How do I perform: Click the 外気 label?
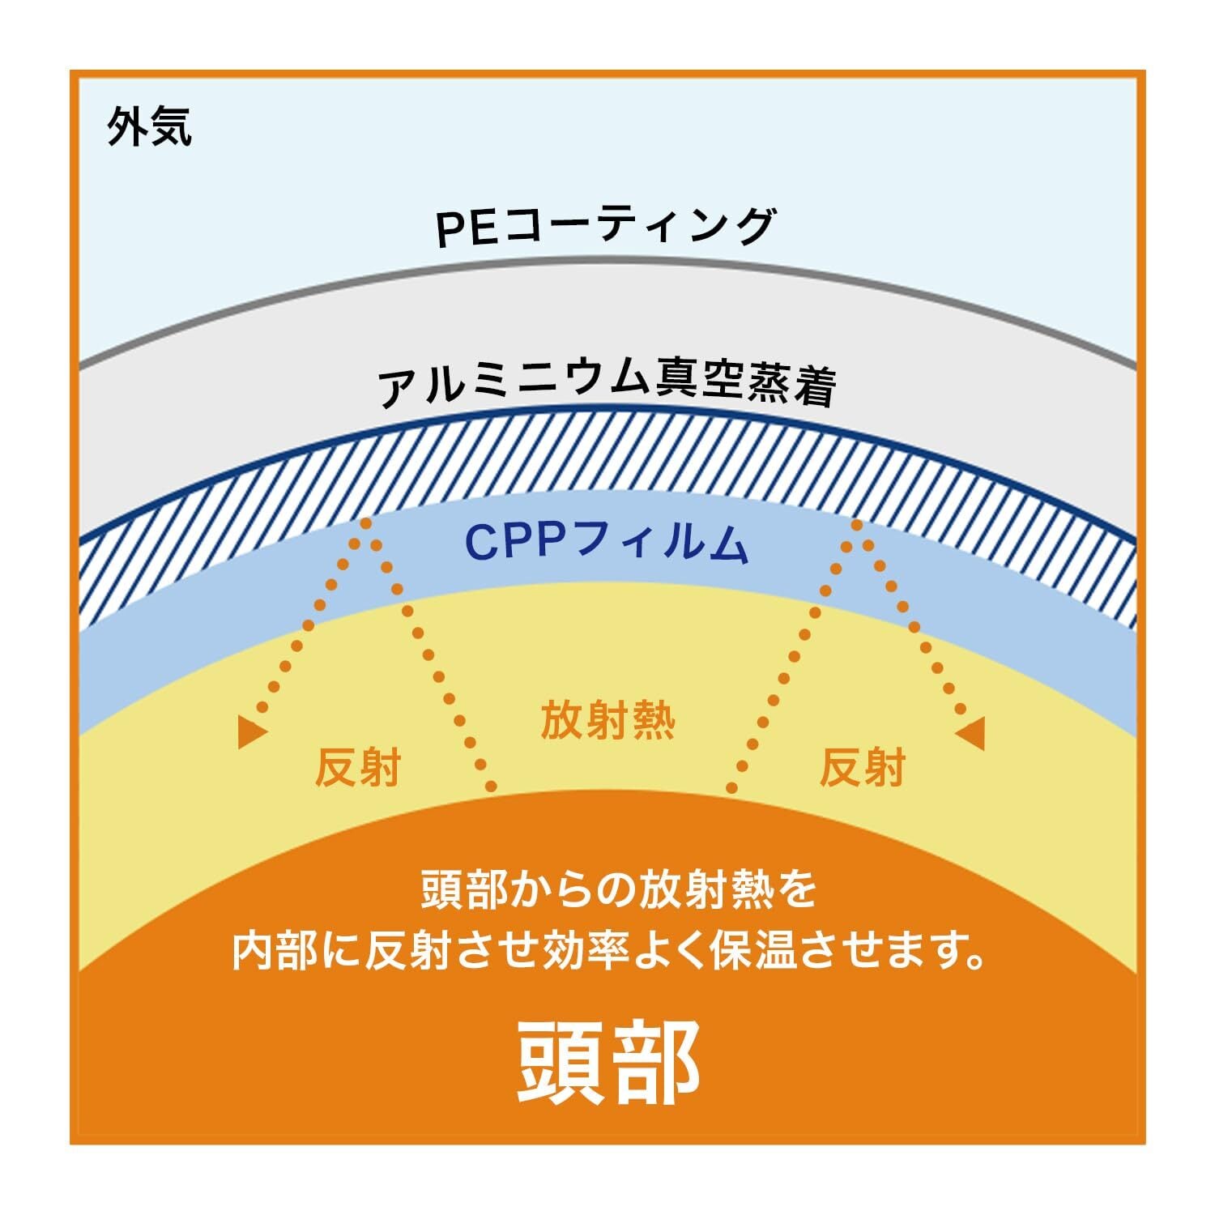pos(150,127)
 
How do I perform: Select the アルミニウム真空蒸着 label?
pos(607,385)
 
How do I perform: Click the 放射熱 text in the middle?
pos(607,720)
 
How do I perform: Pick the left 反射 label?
pos(357,766)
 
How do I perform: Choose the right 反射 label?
pos(862,766)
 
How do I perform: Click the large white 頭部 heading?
pos(607,1062)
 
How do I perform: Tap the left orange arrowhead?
pos(252,733)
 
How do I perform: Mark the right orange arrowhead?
pos(971,733)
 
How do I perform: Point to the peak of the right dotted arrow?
pos(857,525)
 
